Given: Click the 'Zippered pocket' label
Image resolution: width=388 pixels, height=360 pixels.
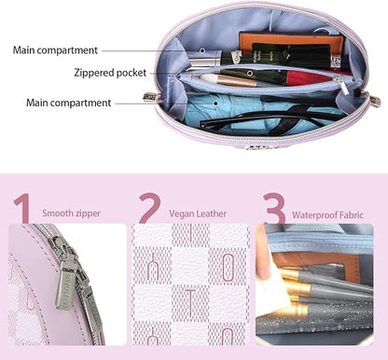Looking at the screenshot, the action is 110,73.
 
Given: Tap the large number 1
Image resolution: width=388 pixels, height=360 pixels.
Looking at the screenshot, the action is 23,208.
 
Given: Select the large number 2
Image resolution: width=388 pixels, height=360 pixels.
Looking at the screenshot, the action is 149,208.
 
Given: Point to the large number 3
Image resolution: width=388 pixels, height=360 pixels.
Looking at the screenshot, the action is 274,208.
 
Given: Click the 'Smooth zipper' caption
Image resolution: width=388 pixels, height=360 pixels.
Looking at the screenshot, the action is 71,214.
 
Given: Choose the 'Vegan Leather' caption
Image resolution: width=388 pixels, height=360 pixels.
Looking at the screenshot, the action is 198,214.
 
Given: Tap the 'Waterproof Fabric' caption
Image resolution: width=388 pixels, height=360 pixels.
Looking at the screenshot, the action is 327,215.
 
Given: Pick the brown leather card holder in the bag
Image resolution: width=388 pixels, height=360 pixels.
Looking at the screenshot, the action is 291,44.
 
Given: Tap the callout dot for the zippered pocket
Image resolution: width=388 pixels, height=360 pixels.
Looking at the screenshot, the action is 250,74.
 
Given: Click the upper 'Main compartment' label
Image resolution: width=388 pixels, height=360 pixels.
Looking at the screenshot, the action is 55,50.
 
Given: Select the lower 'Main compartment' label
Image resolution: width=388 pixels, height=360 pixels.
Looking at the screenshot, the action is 68,103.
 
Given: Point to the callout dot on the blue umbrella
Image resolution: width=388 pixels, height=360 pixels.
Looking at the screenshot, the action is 215,104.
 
